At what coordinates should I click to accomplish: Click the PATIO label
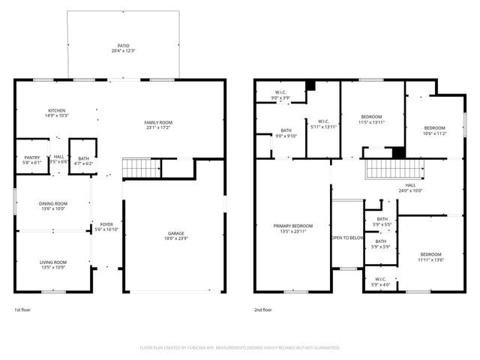[x=123, y=46]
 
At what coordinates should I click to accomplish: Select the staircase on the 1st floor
[x=141, y=168]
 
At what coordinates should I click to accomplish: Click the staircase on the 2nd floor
[x=390, y=169]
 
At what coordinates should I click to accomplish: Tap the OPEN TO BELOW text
[x=347, y=238]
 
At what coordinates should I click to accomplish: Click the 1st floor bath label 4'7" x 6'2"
[x=82, y=160]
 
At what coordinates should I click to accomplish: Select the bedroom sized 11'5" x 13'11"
[x=372, y=119]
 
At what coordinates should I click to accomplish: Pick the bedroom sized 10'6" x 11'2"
[x=435, y=130]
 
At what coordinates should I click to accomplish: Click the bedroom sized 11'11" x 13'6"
[x=430, y=256]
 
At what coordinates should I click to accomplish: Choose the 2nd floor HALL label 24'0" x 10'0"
[x=410, y=187]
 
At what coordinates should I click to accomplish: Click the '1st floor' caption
[x=23, y=309]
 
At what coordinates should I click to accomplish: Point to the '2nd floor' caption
[x=263, y=309]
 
